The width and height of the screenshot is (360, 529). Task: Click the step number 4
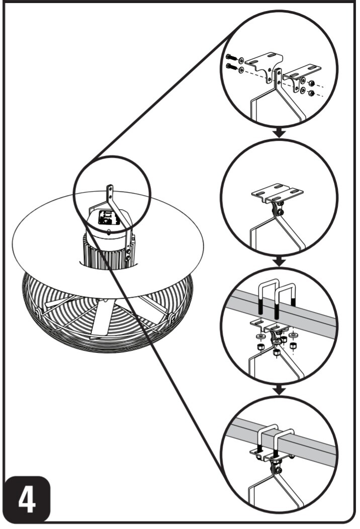click(x=27, y=499)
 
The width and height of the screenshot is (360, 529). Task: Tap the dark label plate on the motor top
click(x=109, y=218)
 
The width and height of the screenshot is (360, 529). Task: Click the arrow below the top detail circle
click(x=279, y=133)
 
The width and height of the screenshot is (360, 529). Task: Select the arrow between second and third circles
click(x=279, y=261)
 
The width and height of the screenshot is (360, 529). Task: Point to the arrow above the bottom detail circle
click(x=279, y=390)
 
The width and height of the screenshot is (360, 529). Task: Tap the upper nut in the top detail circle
click(x=312, y=83)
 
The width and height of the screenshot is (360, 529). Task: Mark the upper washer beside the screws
click(x=241, y=61)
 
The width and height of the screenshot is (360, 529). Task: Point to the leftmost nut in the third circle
click(x=260, y=347)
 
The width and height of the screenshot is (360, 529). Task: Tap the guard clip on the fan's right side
click(x=171, y=317)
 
